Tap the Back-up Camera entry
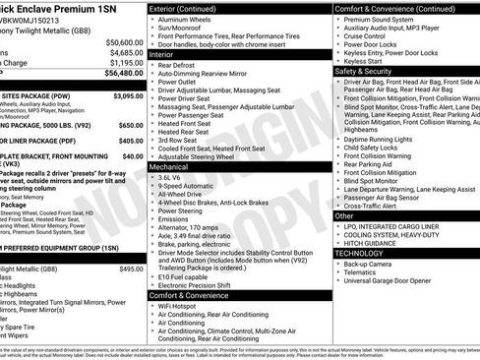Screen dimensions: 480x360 374,264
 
